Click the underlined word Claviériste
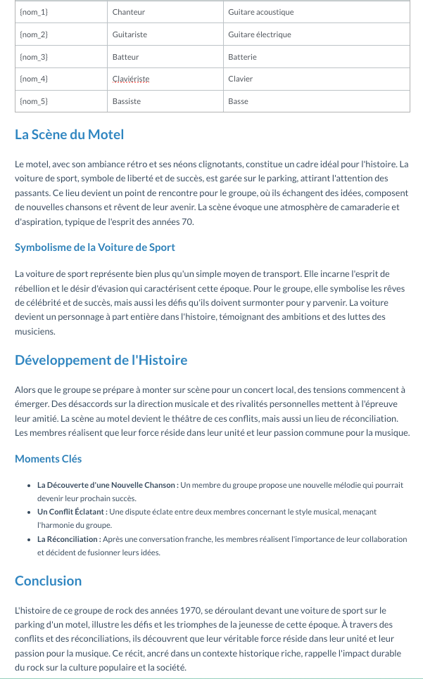130,79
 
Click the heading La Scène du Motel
69,134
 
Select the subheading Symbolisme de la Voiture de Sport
94,247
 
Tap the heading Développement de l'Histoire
101,361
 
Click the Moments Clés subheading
48,459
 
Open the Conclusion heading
48,581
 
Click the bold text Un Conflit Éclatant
71,512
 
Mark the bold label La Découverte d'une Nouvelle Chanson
107,485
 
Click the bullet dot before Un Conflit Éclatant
29,512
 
